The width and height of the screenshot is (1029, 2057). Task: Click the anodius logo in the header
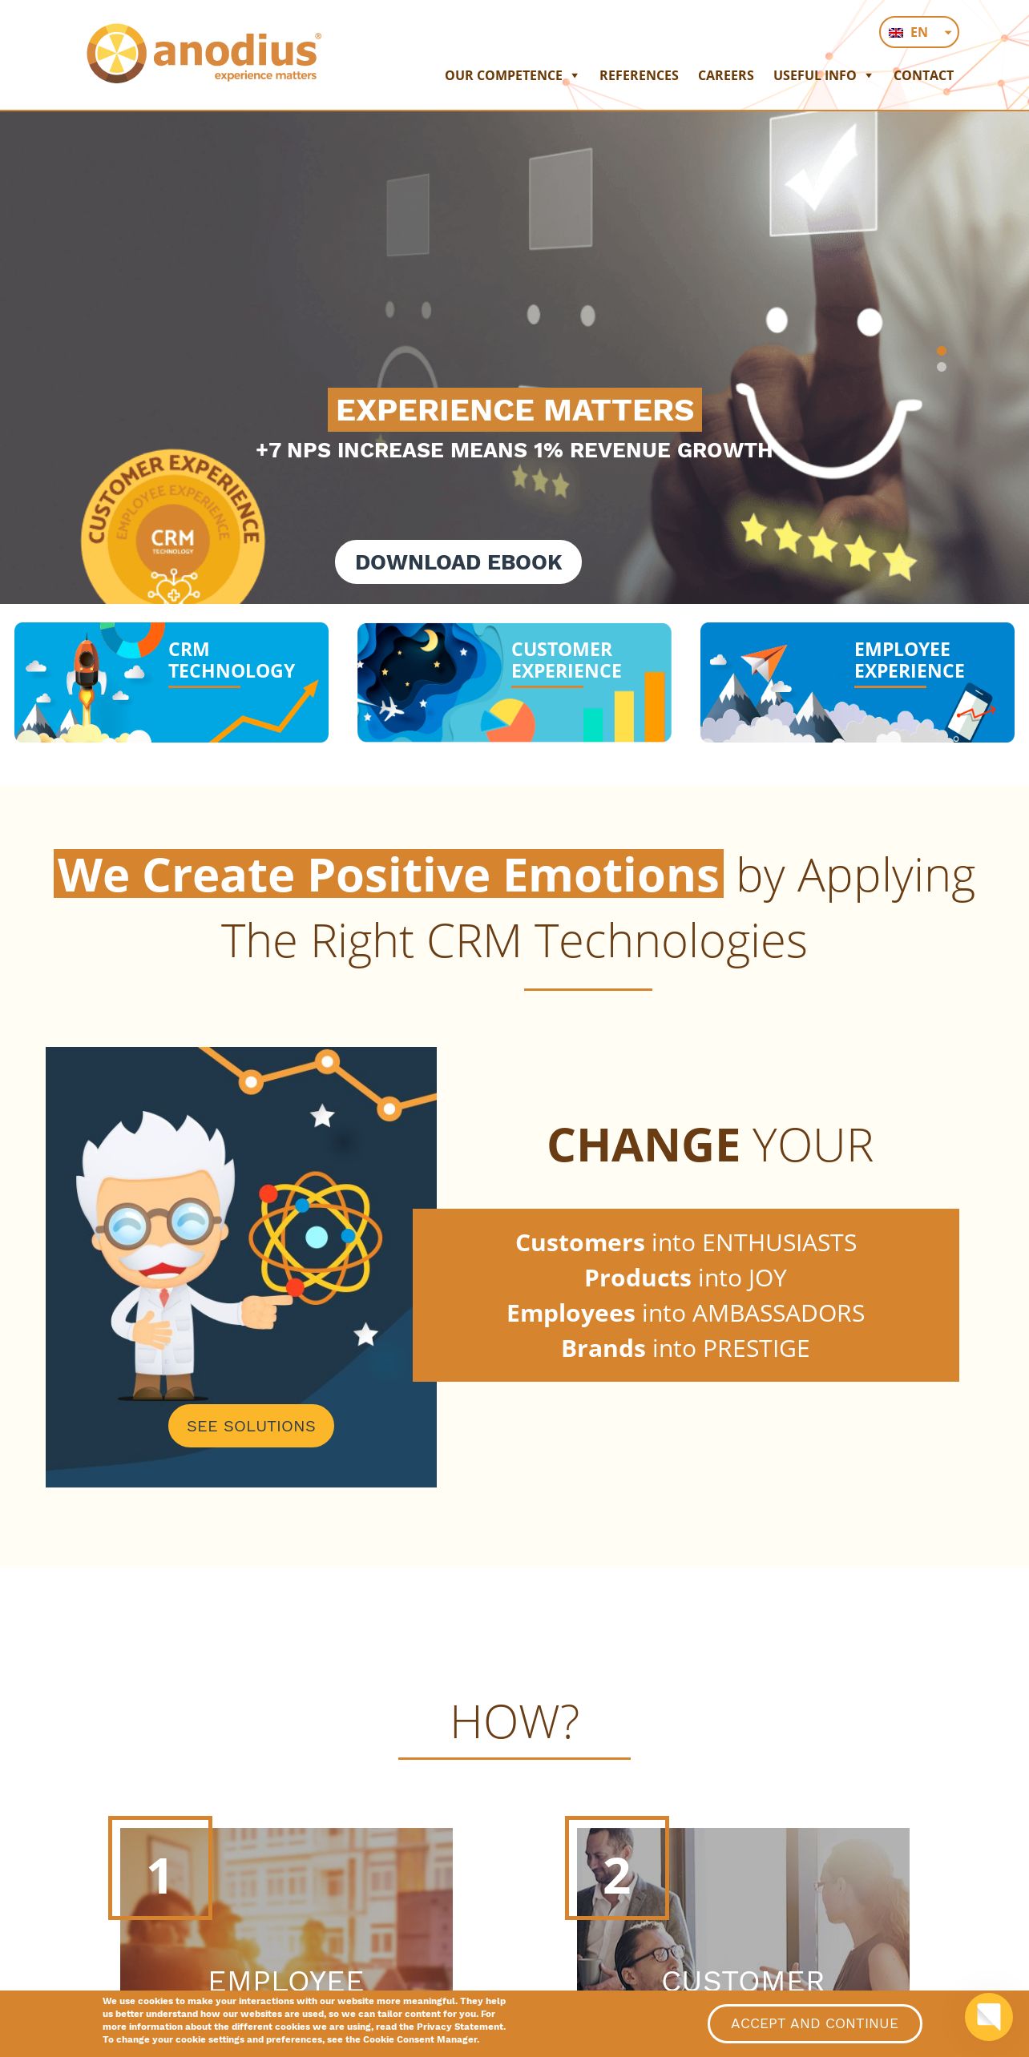[x=204, y=54]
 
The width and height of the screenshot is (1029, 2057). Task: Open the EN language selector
[x=918, y=32]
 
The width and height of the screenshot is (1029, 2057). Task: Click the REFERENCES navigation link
[x=639, y=75]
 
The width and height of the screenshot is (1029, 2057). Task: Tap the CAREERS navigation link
[x=725, y=75]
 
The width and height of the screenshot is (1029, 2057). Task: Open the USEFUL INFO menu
[x=822, y=75]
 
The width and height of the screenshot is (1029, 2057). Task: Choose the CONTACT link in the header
[x=923, y=75]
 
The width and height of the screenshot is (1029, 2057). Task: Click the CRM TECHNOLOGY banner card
[x=171, y=682]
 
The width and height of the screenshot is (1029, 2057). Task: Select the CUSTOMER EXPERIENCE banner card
[x=514, y=682]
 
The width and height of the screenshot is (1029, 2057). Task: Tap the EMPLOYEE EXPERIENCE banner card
[x=857, y=682]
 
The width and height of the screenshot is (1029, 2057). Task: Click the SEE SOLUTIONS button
[x=251, y=1426]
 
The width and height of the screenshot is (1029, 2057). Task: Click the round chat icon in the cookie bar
[x=988, y=2017]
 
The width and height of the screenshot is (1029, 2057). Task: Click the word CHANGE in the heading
[x=644, y=1145]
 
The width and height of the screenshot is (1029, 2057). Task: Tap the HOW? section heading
[x=514, y=1721]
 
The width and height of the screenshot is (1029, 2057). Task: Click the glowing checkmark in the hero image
[x=821, y=168]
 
